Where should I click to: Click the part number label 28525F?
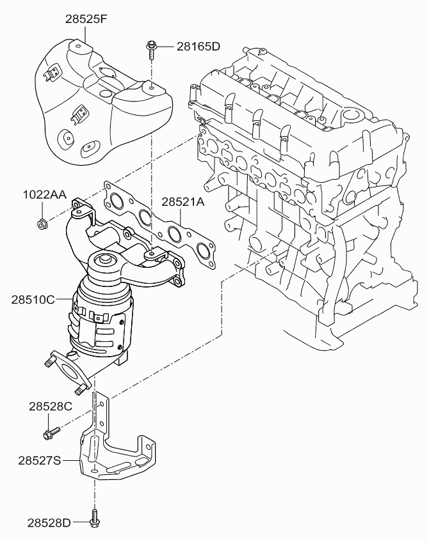click(86, 19)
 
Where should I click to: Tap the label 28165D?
click(198, 46)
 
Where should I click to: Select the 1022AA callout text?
click(44, 194)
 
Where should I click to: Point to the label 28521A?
click(183, 201)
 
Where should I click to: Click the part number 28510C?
click(33, 299)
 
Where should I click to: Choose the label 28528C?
click(51, 406)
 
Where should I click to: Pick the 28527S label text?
click(40, 460)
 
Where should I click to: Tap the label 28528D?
click(49, 523)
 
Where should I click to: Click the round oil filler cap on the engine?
click(352, 115)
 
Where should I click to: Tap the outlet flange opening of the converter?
click(70, 374)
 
